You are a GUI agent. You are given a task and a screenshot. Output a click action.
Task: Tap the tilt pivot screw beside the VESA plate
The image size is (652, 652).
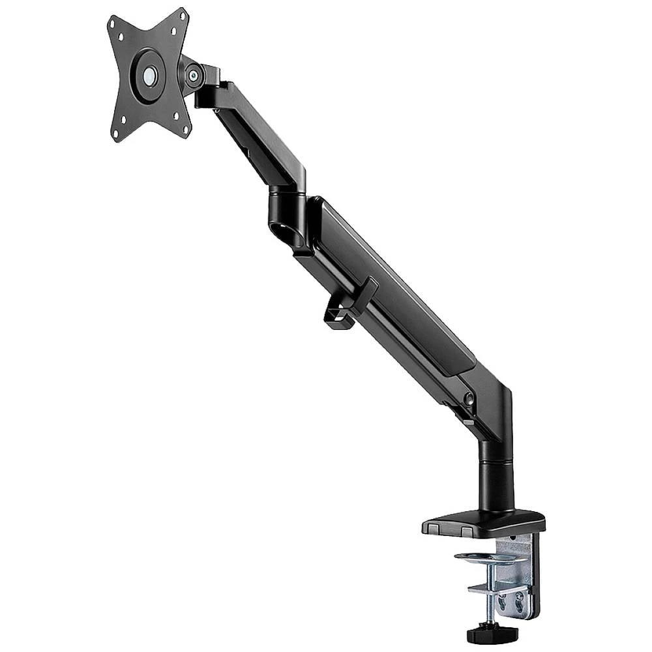pyautogui.click(x=194, y=76)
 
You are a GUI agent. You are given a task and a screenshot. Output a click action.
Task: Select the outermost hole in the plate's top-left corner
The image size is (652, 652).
pyautogui.click(x=113, y=22)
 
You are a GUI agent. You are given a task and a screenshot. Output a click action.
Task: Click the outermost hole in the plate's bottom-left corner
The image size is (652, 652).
pyautogui.click(x=116, y=136)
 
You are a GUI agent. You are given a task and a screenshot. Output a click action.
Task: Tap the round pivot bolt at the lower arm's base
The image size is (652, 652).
pyautogui.click(x=468, y=398)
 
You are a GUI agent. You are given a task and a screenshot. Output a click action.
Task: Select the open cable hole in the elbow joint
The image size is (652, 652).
pyautogui.click(x=285, y=231)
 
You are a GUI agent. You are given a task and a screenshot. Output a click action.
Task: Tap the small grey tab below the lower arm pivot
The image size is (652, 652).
pyautogui.click(x=467, y=422)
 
